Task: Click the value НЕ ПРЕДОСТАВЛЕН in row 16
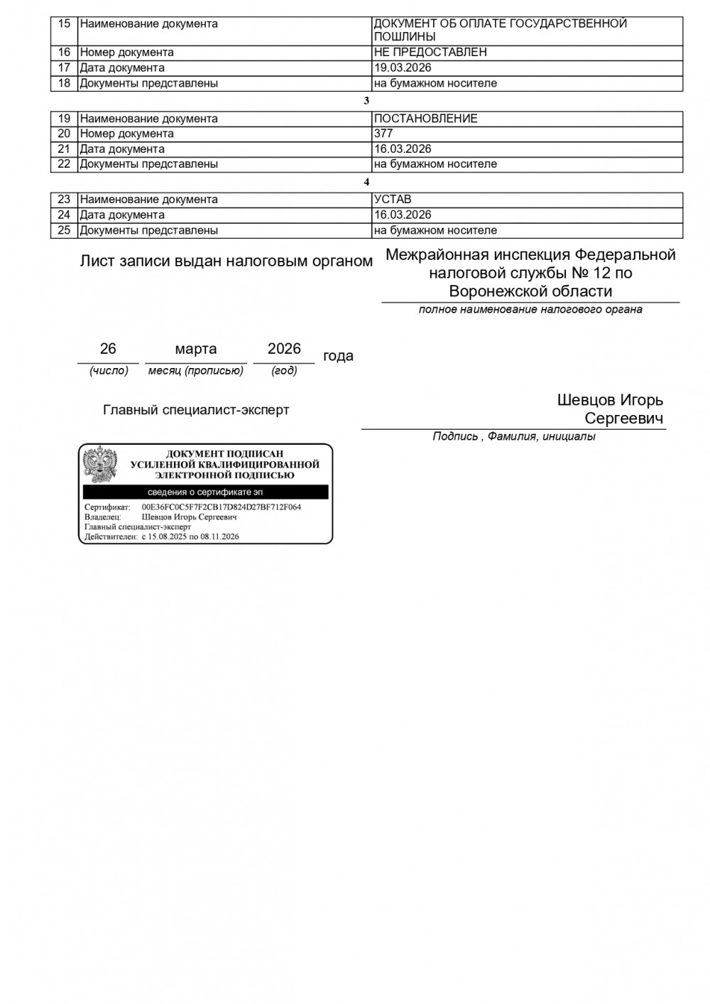430,53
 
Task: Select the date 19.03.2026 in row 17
403,68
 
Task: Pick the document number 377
383,134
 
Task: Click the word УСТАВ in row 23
393,200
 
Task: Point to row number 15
64,23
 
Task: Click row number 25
64,230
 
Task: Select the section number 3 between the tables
366,101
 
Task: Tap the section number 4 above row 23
366,182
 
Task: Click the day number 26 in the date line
108,349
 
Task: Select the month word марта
196,349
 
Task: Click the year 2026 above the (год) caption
284,349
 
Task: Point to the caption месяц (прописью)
196,371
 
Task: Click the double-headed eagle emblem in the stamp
100,465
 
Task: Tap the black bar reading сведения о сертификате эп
205,492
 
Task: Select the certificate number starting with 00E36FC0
222,507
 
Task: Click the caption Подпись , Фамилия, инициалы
514,436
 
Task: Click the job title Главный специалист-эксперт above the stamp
196,410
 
